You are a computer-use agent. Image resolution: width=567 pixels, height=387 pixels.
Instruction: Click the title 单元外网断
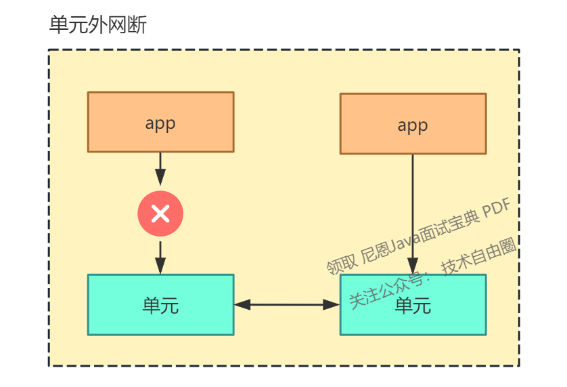[x=98, y=25]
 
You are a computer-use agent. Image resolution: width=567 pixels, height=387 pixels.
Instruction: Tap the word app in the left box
[x=160, y=123]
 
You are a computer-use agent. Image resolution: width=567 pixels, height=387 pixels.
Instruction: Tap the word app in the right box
[x=413, y=125]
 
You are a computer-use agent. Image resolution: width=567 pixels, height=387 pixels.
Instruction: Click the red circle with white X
[x=160, y=213]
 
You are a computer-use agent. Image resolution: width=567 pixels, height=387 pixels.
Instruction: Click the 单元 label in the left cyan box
[x=160, y=306]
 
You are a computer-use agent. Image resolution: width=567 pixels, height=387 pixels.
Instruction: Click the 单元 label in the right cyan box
[x=413, y=306]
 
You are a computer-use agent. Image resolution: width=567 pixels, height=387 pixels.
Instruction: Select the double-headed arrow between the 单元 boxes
[x=287, y=305]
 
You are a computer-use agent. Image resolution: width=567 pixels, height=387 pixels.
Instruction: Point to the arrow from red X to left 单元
[x=160, y=258]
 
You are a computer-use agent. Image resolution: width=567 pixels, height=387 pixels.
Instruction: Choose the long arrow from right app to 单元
[x=413, y=203]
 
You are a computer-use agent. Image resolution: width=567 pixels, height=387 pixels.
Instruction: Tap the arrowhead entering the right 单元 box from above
[x=413, y=268]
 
